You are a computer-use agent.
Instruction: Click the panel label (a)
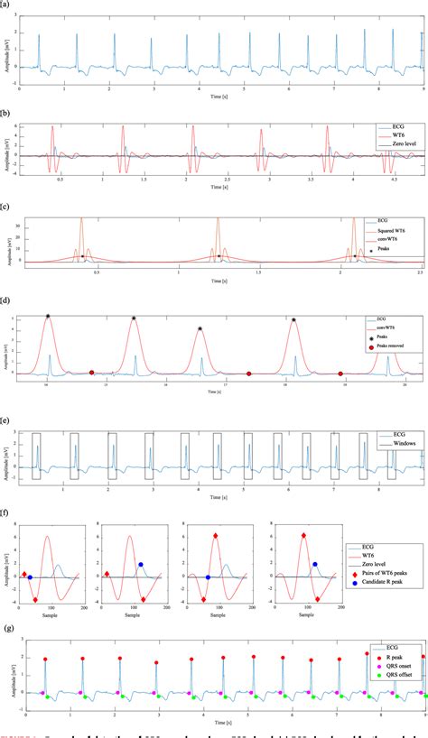[x=6, y=5]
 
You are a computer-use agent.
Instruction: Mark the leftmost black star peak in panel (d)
[x=48, y=317]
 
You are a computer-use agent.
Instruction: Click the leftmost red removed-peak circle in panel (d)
[x=91, y=372]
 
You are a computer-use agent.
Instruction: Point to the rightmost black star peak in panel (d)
[x=293, y=319]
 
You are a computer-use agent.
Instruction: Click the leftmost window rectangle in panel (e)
[x=36, y=456]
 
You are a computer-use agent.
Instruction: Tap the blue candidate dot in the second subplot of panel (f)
[x=140, y=564]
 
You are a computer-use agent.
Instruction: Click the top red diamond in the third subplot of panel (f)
[x=216, y=536]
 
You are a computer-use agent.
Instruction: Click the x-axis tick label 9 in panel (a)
[x=423, y=90]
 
